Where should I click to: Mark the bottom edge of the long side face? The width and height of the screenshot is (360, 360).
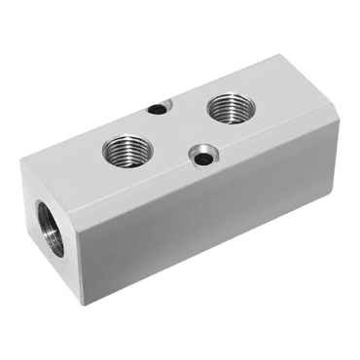[209, 255]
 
